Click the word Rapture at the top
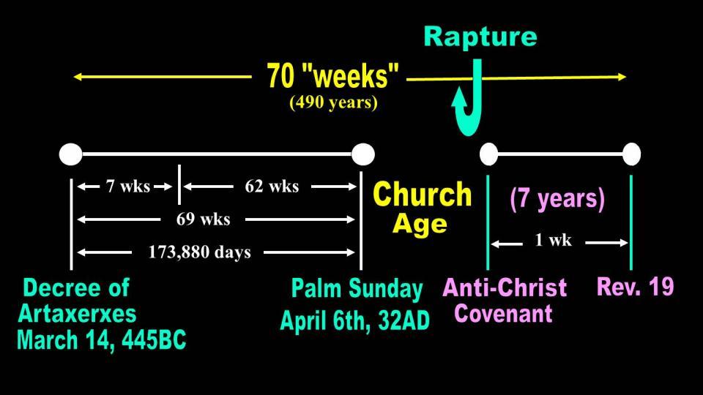tap(480, 37)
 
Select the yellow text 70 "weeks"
tap(332, 75)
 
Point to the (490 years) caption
tap(333, 102)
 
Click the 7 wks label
tap(127, 187)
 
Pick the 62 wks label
tap(272, 187)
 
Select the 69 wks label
tap(203, 219)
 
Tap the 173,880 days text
tap(199, 252)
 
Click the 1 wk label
tap(554, 240)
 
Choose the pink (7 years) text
tap(557, 199)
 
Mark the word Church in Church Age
tap(422, 195)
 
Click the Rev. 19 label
tap(636, 287)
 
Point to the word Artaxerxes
tap(77, 314)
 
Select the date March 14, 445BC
tap(101, 340)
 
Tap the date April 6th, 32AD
tap(354, 320)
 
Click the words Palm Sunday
tap(357, 290)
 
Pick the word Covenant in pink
tap(503, 314)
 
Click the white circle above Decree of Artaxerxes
tap(71, 154)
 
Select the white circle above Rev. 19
tap(632, 154)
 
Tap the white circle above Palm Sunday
tap(362, 154)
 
